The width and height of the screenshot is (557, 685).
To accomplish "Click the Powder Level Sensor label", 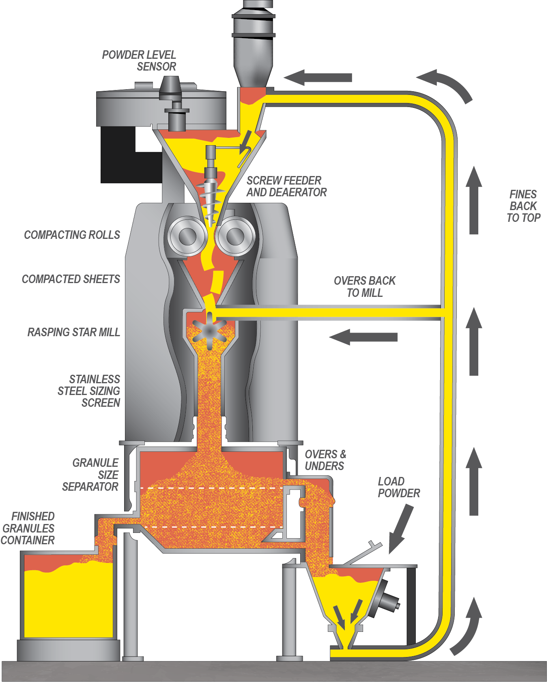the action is tap(139, 60).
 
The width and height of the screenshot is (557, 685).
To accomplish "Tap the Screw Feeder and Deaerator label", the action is tap(286, 186).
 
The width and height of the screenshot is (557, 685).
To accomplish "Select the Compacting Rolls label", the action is tap(72, 235).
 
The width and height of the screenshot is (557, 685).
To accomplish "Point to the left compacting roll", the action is tap(187, 236).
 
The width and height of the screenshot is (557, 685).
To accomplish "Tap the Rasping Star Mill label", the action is tap(74, 332).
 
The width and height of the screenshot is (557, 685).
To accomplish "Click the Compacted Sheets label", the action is tap(71, 279).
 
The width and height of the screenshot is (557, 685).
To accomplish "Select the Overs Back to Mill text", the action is tap(365, 286).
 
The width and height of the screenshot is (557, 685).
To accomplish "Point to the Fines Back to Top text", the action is tap(523, 206).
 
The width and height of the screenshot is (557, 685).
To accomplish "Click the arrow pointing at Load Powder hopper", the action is tap(401, 529).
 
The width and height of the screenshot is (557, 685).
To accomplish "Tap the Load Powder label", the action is tap(399, 487).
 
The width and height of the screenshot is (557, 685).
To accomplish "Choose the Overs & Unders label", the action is tap(325, 460).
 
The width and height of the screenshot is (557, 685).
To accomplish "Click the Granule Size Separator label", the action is tap(90, 475).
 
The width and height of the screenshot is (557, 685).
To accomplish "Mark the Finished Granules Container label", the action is tap(28, 528).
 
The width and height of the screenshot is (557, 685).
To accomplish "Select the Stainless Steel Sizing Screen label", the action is tap(89, 391).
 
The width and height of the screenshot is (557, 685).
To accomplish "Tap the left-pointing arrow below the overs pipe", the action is tap(363, 337).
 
